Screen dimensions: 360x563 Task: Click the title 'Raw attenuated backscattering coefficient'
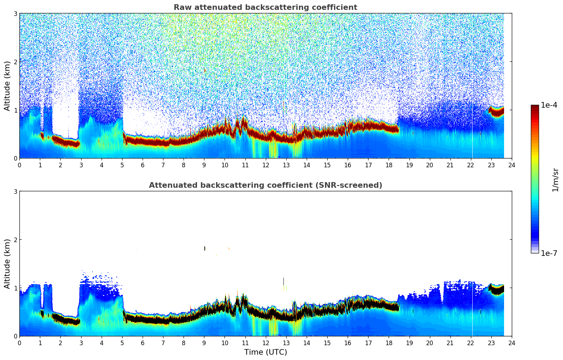(x=265, y=7)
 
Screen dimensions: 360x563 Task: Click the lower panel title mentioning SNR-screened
(x=265, y=185)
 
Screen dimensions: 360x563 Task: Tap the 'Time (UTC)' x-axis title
(x=265, y=352)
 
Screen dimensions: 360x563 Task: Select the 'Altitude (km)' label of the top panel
(x=7, y=86)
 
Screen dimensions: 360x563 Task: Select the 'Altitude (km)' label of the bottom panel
(x=7, y=264)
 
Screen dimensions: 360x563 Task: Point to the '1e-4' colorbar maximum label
(x=549, y=105)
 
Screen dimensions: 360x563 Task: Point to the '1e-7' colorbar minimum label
(x=549, y=253)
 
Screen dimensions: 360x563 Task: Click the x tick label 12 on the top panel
(x=265, y=165)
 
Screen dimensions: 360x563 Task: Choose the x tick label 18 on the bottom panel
(x=389, y=343)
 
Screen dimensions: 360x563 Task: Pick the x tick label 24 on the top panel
(x=512, y=165)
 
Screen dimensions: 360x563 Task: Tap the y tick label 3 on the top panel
(x=16, y=13)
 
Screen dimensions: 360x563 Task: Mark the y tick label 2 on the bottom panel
(x=16, y=240)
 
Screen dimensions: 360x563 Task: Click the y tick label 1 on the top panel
(x=16, y=110)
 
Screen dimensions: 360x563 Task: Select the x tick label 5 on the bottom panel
(x=122, y=343)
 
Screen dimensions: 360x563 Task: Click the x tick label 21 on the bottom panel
(x=450, y=343)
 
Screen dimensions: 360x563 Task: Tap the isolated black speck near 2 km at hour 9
(x=205, y=248)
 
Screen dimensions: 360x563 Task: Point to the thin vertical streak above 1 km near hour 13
(x=283, y=281)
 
